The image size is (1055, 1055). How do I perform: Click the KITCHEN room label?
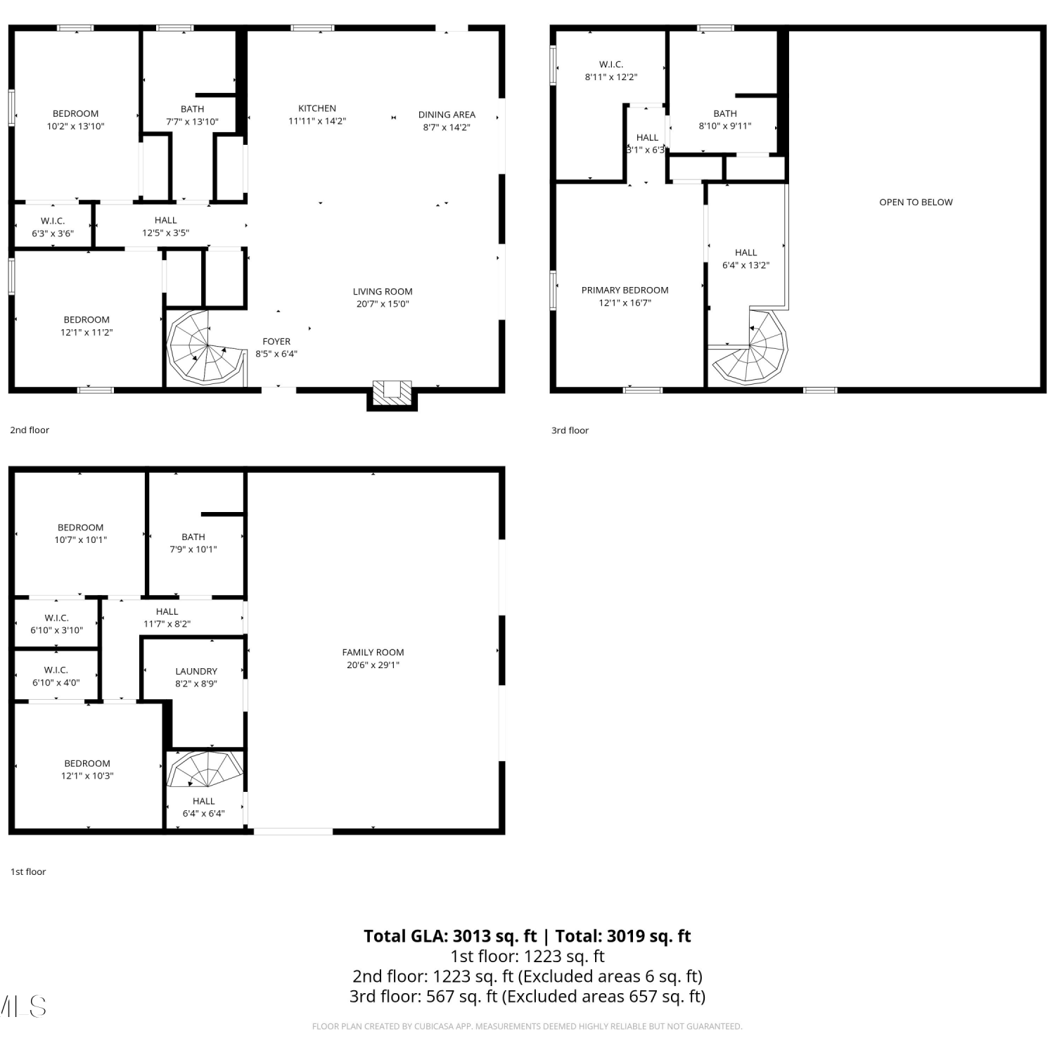click(x=317, y=108)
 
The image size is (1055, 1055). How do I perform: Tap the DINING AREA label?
click(x=447, y=115)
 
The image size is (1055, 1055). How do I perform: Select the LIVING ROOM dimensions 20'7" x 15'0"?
click(x=383, y=304)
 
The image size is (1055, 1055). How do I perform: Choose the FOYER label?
click(x=276, y=342)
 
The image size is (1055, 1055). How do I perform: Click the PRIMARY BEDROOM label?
click(x=625, y=290)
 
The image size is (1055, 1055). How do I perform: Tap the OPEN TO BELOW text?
click(x=916, y=202)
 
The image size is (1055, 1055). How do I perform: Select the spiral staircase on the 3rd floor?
click(x=750, y=347)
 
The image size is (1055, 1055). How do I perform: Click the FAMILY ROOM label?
click(x=373, y=652)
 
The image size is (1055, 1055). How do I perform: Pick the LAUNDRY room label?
click(x=196, y=671)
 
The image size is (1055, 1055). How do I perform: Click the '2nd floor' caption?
click(x=30, y=430)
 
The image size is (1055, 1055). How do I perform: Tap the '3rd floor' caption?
click(x=570, y=430)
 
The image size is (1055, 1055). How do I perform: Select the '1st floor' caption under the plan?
click(x=28, y=871)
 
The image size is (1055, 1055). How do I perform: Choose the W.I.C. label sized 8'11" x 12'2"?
click(x=611, y=64)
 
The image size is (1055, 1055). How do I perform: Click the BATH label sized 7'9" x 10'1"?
click(x=193, y=537)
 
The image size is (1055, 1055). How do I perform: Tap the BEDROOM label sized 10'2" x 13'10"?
click(x=75, y=113)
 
